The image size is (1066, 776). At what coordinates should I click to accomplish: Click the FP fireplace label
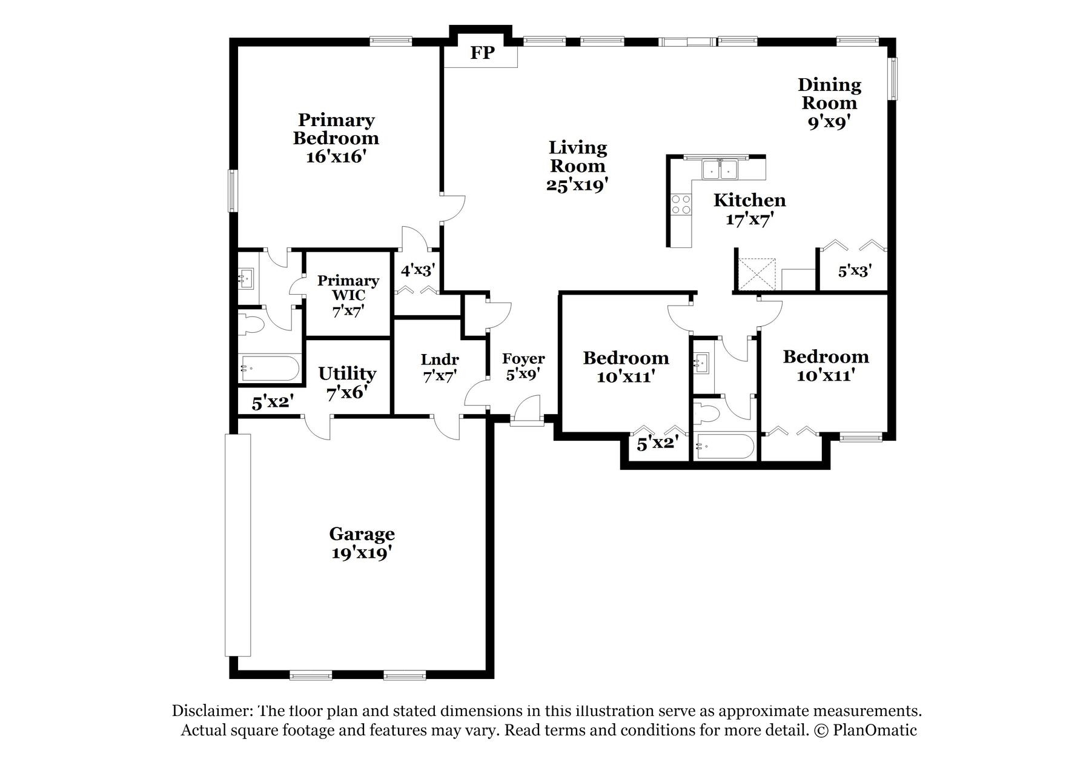(x=482, y=53)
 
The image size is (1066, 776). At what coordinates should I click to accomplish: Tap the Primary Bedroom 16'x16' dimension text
(x=336, y=157)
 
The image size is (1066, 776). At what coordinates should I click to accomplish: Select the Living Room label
(x=577, y=156)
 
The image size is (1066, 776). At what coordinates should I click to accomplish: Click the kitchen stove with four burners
(x=681, y=204)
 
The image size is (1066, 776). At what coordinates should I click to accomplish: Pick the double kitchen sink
(x=719, y=169)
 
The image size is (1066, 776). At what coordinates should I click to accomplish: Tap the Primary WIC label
(x=348, y=288)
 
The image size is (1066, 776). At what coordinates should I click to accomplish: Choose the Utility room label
(x=347, y=373)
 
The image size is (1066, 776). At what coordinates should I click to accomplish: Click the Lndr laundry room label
(x=440, y=360)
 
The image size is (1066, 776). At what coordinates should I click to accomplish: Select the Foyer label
(x=523, y=359)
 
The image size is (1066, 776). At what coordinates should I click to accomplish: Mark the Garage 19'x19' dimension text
(x=362, y=553)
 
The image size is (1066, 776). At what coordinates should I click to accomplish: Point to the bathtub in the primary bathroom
(x=270, y=368)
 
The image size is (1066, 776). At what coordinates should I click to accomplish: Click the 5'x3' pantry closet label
(x=854, y=271)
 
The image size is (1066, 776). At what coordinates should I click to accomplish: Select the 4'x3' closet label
(x=418, y=269)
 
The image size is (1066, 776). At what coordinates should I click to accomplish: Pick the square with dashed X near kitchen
(x=757, y=275)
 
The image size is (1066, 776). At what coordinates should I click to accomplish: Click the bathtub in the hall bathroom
(x=724, y=447)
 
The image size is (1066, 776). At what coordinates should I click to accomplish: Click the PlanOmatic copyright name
(x=875, y=730)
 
